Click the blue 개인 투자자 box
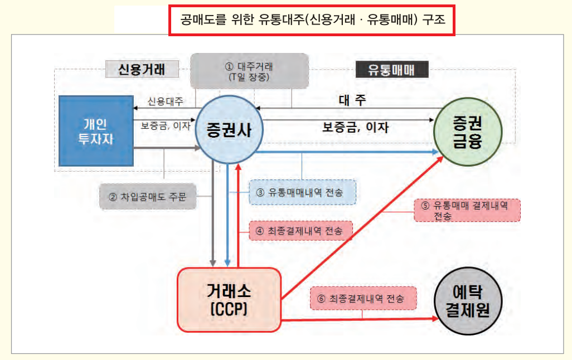coord(96,131)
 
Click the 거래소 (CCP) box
coord(229,299)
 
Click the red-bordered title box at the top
coord(312,21)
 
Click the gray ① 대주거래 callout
coord(249,71)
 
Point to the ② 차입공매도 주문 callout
coord(148,196)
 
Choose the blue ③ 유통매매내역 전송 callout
coord(302,192)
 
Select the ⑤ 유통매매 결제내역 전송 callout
coord(467,210)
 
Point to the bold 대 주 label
coord(352,100)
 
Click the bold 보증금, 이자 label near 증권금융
coord(356,128)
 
